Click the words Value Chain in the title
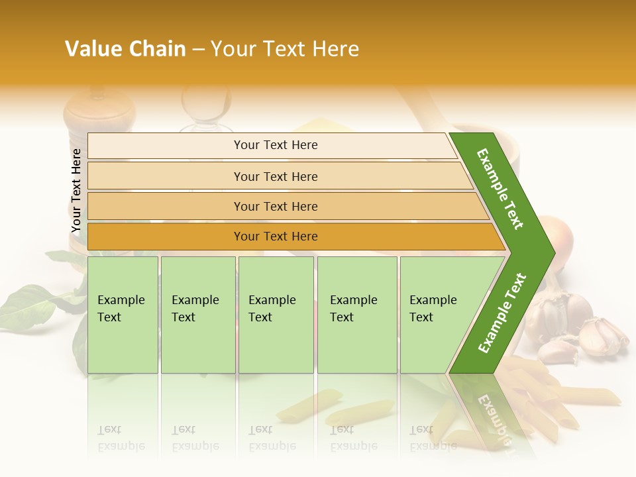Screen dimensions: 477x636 [125, 49]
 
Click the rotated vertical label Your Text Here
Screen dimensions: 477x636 [76, 191]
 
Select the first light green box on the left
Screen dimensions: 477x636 [123, 315]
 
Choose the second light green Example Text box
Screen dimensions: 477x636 [197, 315]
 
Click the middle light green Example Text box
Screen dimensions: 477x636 [276, 315]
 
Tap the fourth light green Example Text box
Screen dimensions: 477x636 [357, 315]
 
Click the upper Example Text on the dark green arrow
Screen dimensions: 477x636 [500, 189]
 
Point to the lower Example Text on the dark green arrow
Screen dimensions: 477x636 [502, 313]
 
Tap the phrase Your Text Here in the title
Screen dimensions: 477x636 [285, 49]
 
